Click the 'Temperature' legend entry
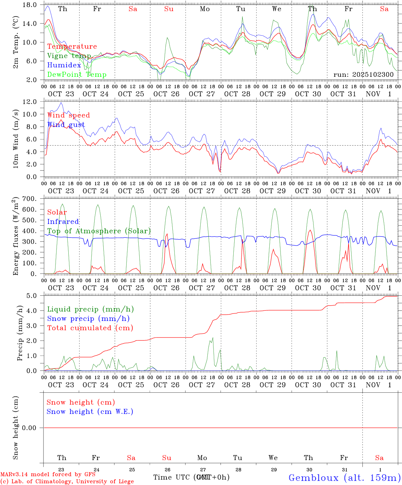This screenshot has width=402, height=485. click(72, 46)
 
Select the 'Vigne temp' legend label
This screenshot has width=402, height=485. click(69, 56)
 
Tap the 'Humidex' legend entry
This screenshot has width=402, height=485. click(64, 65)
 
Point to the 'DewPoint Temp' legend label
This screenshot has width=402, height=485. click(77, 75)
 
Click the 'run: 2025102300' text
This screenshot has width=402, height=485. click(363, 74)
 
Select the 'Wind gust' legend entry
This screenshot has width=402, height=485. click(66, 125)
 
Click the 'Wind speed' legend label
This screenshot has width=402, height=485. click(68, 115)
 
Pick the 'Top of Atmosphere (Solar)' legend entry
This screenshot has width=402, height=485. click(99, 231)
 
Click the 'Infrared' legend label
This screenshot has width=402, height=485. click(63, 222)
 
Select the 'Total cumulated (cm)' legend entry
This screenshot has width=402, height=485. click(90, 328)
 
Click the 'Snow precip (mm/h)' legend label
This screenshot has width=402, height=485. click(88, 319)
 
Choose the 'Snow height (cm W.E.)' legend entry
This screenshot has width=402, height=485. click(90, 412)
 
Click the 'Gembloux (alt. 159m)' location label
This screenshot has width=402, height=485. click(344, 478)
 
